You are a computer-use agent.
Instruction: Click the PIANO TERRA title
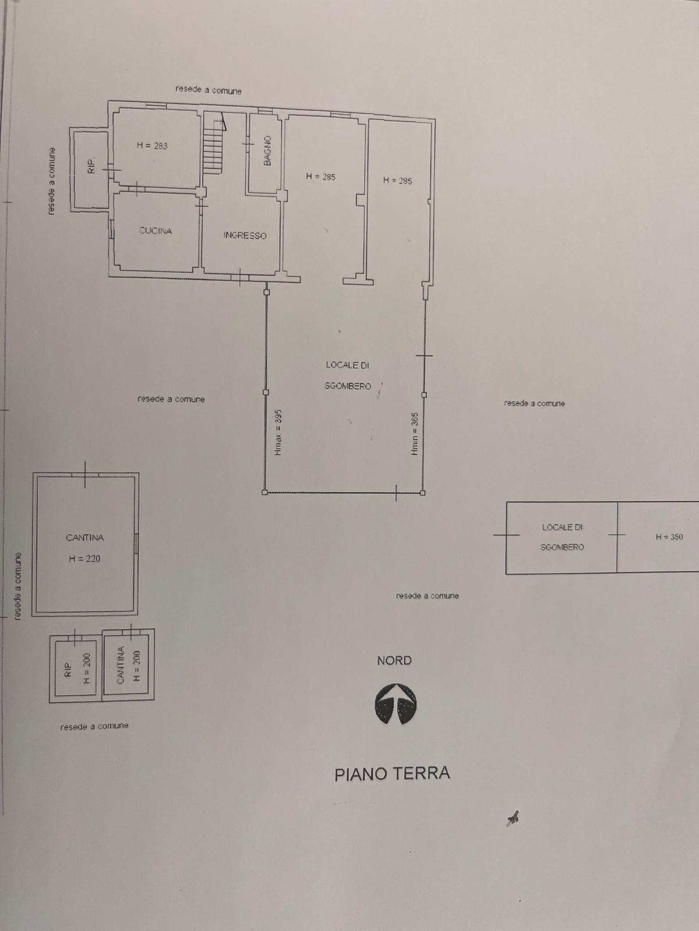pyautogui.click(x=392, y=773)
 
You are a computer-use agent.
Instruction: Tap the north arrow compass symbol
pyautogui.click(x=395, y=703)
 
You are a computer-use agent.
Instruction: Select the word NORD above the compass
pyautogui.click(x=394, y=660)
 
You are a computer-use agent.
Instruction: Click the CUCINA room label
pyautogui.click(x=156, y=231)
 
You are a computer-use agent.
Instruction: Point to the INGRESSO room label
pyautogui.click(x=245, y=236)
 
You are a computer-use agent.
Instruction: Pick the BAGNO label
pyautogui.click(x=267, y=151)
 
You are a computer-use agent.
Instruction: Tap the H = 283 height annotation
pyautogui.click(x=152, y=145)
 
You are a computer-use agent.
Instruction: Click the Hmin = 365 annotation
pyautogui.click(x=415, y=434)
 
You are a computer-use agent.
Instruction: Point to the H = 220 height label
pyautogui.click(x=84, y=559)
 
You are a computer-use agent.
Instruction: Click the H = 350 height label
pyautogui.click(x=669, y=537)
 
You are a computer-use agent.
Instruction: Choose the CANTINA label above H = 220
pyautogui.click(x=84, y=538)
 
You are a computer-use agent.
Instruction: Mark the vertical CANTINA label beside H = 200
pyautogui.click(x=121, y=665)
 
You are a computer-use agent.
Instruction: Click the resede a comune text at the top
pyautogui.click(x=209, y=90)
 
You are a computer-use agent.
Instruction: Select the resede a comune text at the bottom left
pyautogui.click(x=94, y=727)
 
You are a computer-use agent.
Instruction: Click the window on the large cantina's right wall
pyautogui.click(x=136, y=543)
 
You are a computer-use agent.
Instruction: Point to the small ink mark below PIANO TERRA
pyautogui.click(x=513, y=818)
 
